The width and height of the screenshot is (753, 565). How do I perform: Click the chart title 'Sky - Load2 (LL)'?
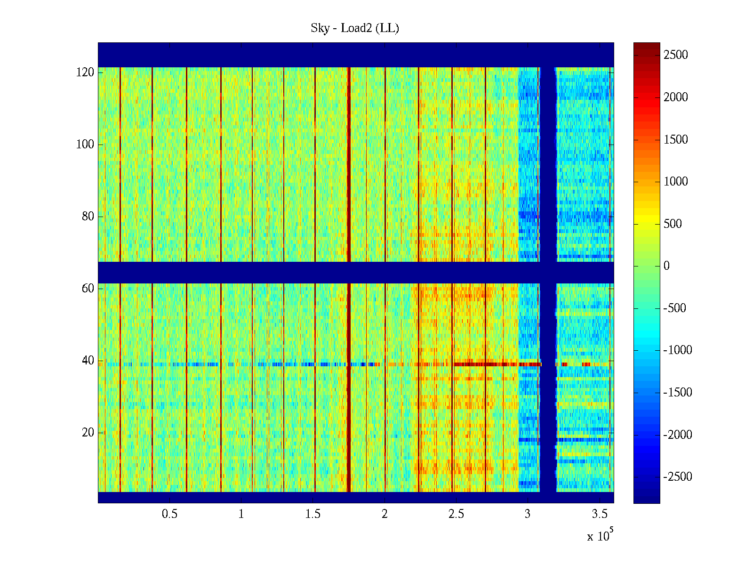(355, 28)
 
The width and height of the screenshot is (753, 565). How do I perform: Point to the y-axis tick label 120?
(85, 73)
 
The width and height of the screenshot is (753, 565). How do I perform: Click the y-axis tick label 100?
(85, 145)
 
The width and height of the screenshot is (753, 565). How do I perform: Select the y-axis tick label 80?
(88, 217)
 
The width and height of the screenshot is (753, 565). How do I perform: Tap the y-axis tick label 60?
(88, 289)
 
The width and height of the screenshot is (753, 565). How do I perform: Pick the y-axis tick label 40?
(88, 361)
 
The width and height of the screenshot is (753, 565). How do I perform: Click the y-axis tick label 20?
(88, 433)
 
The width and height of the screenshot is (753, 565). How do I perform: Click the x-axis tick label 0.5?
(169, 514)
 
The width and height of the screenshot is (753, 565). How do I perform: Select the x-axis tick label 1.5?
(313, 514)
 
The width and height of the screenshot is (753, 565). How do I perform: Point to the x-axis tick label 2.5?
(456, 514)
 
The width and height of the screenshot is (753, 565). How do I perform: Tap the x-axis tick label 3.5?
(600, 514)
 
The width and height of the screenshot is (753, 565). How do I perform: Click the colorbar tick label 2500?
(676, 55)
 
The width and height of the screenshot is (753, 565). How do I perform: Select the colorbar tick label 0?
(666, 266)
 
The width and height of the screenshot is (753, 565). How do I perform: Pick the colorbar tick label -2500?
(678, 477)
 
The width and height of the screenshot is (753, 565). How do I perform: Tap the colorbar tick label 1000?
(676, 182)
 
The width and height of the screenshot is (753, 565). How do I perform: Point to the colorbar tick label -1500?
(678, 393)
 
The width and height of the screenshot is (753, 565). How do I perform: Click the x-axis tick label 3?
(528, 514)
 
